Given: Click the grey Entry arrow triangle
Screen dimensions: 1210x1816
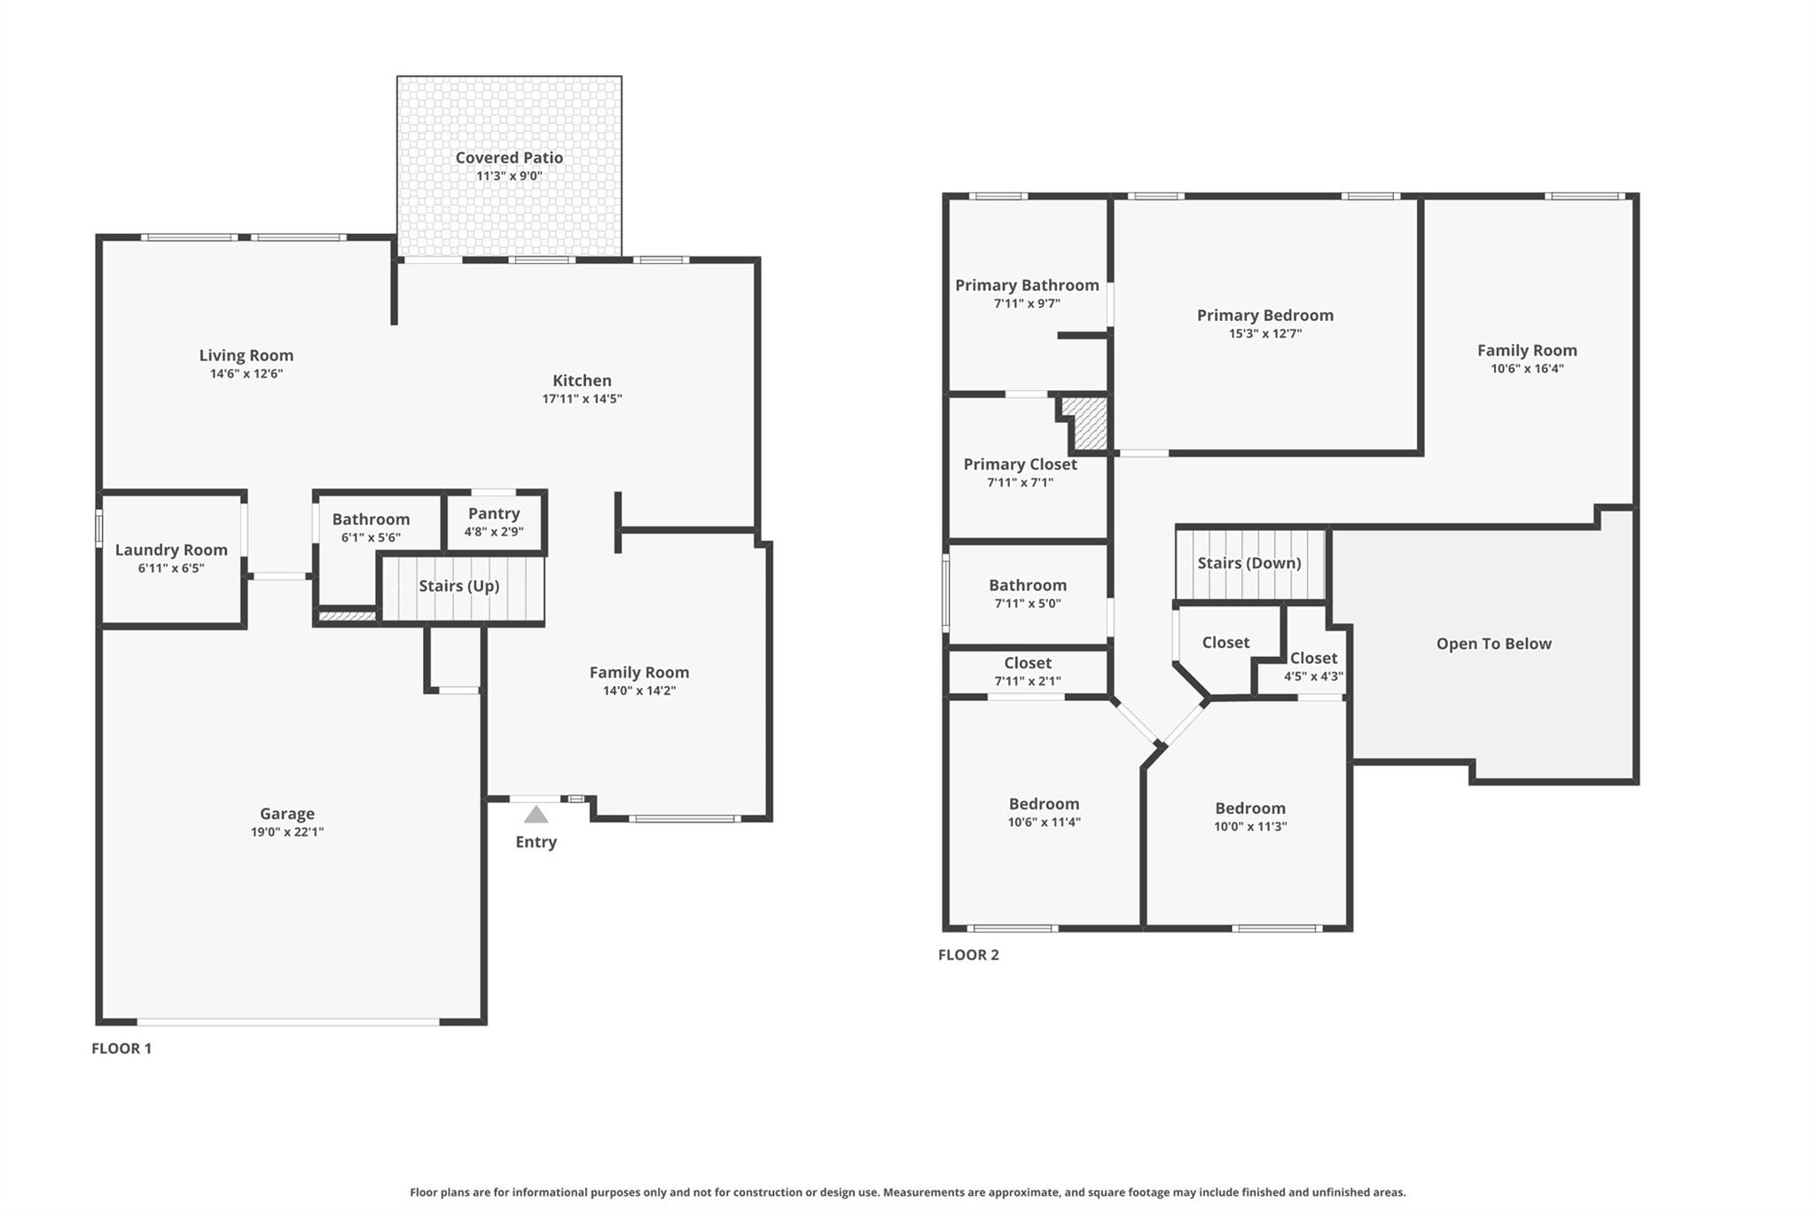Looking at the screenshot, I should click(536, 815).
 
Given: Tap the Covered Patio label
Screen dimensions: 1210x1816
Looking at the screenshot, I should click(509, 158).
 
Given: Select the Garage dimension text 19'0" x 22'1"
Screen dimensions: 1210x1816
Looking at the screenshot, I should click(286, 832).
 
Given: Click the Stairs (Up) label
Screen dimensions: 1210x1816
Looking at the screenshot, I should click(458, 586).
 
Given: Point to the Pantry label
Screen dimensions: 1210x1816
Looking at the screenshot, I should click(494, 514).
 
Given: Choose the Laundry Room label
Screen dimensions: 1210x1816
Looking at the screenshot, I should click(171, 550).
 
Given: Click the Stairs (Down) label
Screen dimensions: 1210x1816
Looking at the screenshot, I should click(1248, 563).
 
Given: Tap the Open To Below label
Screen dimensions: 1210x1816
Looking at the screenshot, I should click(1493, 644).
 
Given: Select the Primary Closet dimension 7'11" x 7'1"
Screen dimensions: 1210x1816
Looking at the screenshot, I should click(1020, 483).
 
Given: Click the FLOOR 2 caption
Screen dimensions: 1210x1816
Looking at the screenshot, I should click(968, 955).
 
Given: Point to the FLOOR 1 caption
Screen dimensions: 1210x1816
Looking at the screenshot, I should click(121, 1048).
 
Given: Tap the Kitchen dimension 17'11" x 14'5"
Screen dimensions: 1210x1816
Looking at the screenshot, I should click(582, 399).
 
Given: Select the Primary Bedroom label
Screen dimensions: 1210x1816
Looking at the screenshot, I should click(1264, 316).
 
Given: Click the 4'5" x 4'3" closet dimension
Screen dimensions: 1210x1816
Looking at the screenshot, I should click(1313, 676).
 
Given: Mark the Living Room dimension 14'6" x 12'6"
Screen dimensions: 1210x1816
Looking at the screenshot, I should click(246, 374).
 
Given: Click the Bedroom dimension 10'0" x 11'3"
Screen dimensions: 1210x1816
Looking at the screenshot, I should click(1249, 826).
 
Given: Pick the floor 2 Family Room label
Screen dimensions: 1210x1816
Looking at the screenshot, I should click(1526, 350).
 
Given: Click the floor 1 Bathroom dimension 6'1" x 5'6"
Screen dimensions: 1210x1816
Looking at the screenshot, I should click(371, 537).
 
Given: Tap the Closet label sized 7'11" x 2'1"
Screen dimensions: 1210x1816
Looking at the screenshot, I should click(1027, 663).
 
